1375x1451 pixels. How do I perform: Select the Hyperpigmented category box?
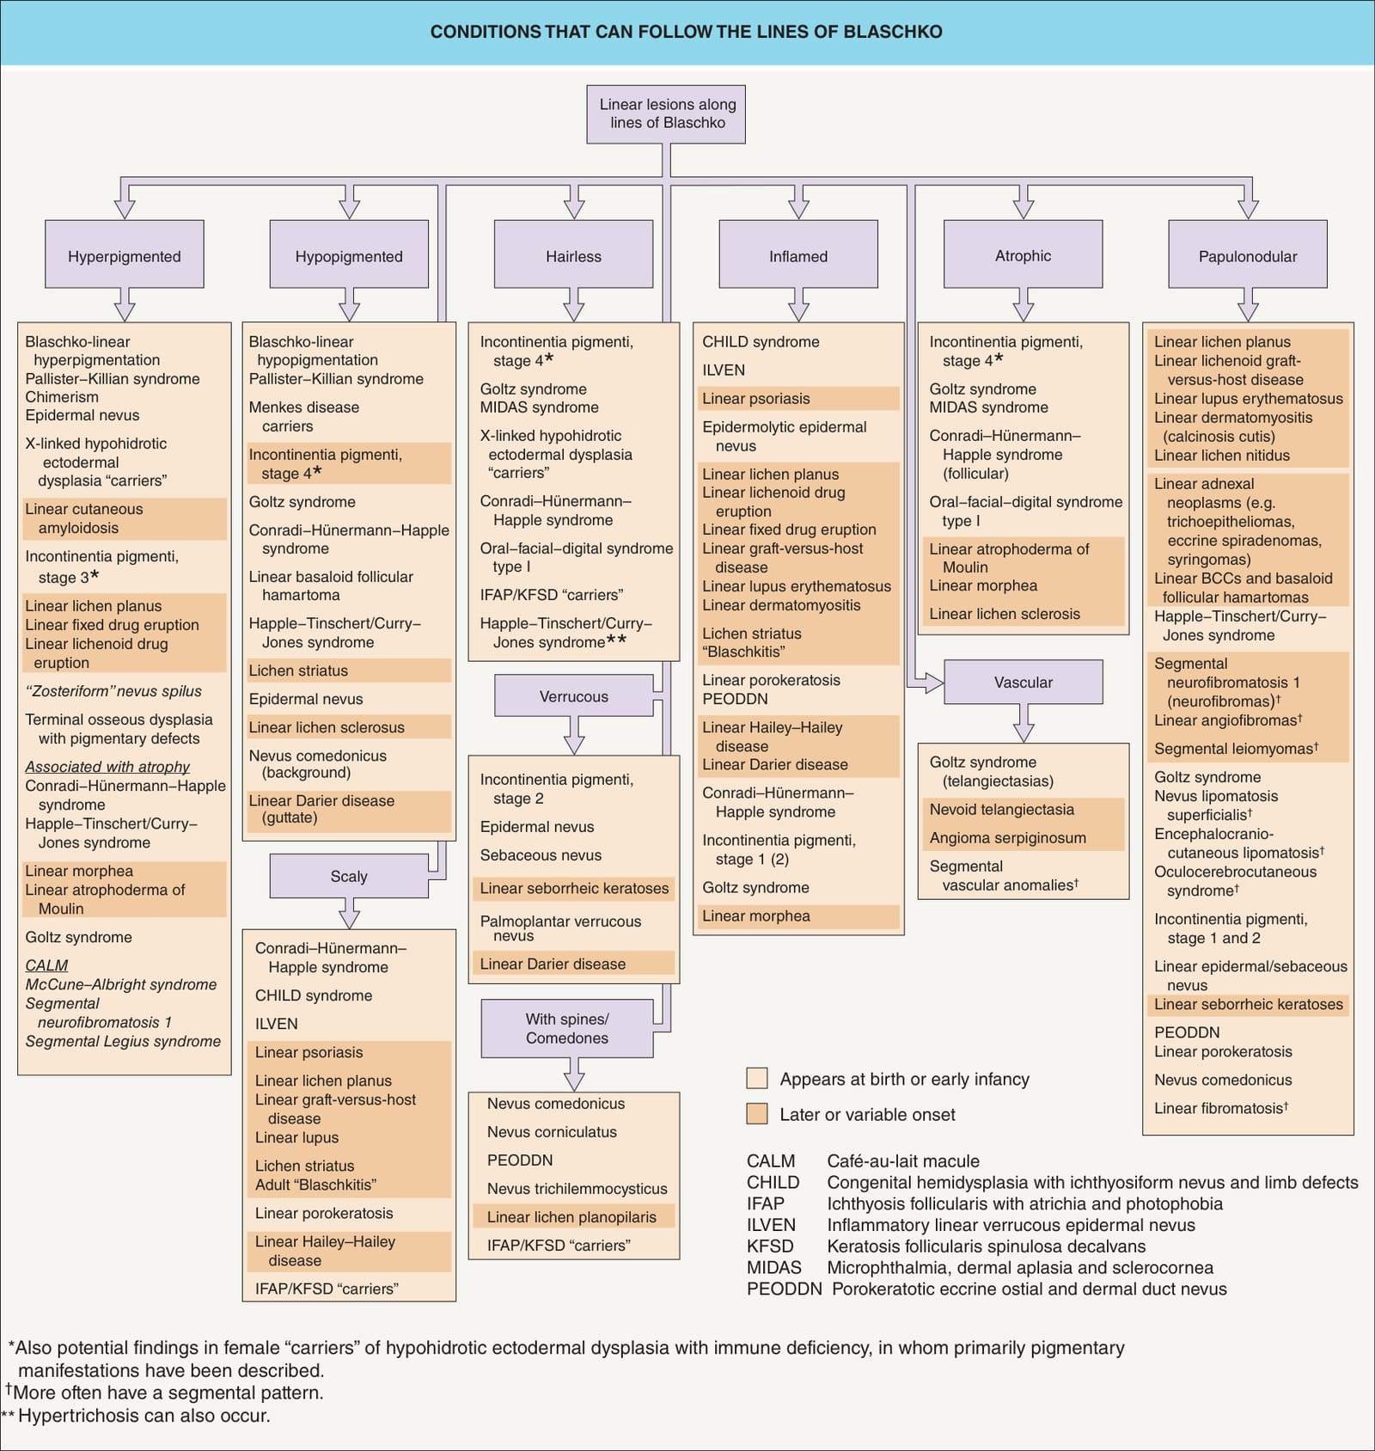tap(125, 254)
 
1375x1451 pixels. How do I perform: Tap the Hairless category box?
tap(574, 254)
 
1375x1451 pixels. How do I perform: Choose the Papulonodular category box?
tap(1248, 254)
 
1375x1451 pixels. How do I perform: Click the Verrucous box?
tap(574, 695)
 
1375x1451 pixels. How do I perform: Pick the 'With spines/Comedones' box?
tap(567, 1028)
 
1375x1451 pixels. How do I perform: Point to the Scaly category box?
tap(349, 876)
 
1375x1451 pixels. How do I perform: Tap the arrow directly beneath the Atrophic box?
tap(1024, 304)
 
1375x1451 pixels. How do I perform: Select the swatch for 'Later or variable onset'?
tap(757, 1114)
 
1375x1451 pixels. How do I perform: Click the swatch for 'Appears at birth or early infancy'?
tap(757, 1079)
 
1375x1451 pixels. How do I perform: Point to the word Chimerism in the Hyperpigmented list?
tap(62, 397)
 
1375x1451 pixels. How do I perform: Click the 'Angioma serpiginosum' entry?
tap(1008, 838)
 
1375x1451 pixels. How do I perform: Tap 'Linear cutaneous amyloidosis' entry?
tap(84, 518)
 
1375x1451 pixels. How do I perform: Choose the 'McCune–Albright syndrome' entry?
tap(121, 984)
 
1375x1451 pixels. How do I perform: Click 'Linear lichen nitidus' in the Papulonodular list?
tap(1222, 456)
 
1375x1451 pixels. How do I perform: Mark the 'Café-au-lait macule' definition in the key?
tap(903, 1161)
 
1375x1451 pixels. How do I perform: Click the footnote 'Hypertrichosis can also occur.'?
tap(144, 1416)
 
